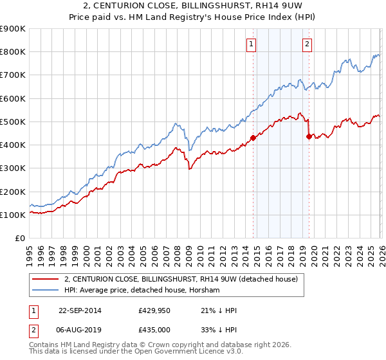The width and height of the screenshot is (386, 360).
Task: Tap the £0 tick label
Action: click(x=19, y=239)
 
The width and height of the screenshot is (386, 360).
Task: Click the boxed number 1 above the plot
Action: click(x=250, y=44)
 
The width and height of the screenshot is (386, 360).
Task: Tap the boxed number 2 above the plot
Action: click(x=307, y=44)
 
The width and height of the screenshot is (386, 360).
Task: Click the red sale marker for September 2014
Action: click(x=253, y=138)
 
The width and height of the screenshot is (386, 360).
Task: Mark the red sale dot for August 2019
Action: click(x=309, y=136)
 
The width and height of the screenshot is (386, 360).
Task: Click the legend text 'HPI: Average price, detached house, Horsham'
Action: click(x=142, y=291)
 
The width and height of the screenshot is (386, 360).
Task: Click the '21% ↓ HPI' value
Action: click(x=219, y=310)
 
